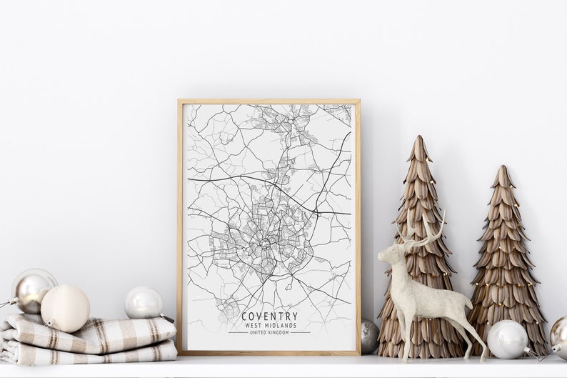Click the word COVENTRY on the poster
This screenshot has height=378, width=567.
tap(269, 316)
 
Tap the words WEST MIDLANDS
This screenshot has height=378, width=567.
tap(269, 325)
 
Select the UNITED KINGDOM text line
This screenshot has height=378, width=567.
tap(269, 332)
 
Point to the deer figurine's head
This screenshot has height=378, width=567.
tap(392, 252)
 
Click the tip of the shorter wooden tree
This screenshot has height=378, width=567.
tap(503, 169)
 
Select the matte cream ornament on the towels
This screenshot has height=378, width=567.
tap(65, 308)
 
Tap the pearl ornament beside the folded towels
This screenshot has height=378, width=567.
tap(144, 302)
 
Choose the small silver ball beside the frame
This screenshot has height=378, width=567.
tap(368, 335)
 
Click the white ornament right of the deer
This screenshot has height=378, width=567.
tap(506, 339)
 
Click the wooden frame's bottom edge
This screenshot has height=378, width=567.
tap(269, 352)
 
